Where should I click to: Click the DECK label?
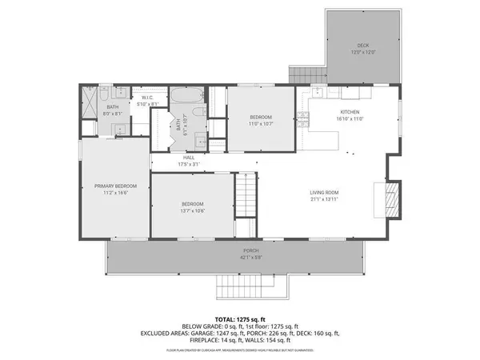click(362, 46)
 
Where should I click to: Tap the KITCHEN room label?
click(350, 111)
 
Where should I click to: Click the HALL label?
click(189, 158)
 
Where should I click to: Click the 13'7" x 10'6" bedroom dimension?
click(192, 211)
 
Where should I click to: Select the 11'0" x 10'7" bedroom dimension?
click(261, 125)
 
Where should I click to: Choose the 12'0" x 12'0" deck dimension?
click(362, 52)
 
